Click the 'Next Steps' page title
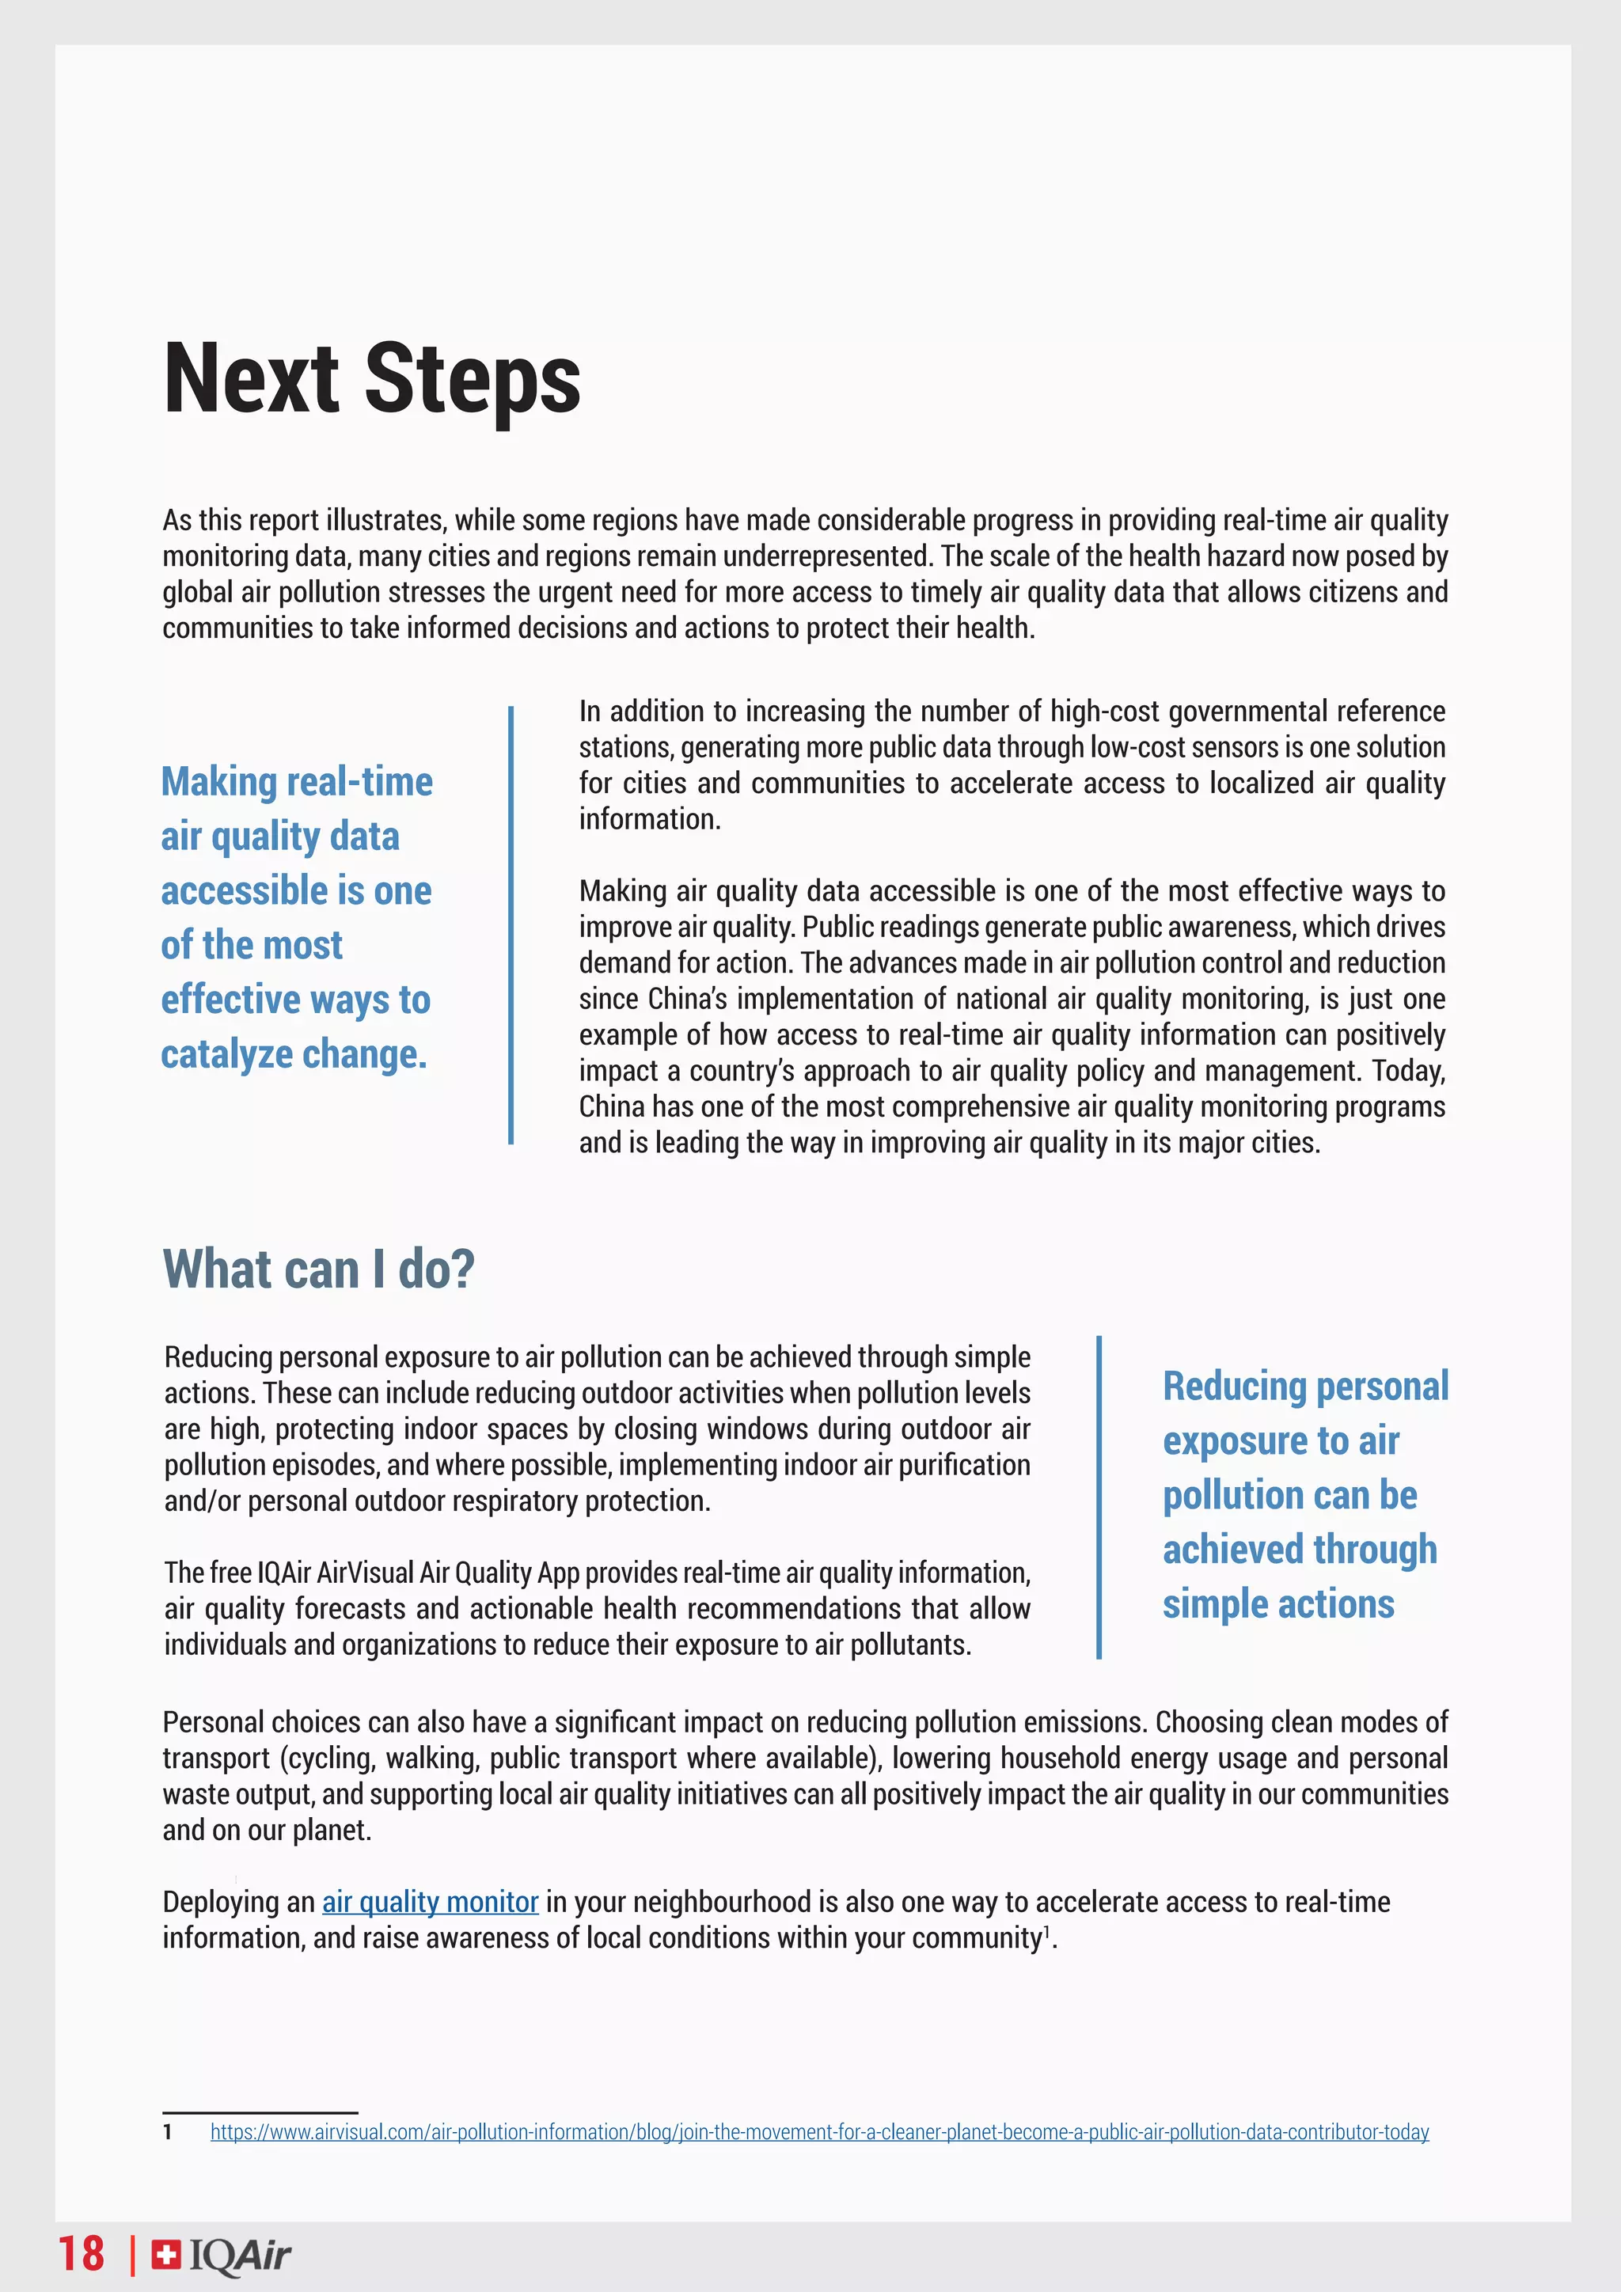[x=371, y=381]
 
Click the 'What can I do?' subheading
[x=318, y=1269]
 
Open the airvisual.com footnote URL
[x=818, y=2132]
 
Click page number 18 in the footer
[x=81, y=2254]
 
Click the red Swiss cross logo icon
[x=165, y=2254]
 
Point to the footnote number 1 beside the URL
[x=168, y=2132]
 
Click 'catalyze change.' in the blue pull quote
[x=294, y=1054]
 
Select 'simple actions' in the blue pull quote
[x=1277, y=1604]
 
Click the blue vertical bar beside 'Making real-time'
[x=511, y=924]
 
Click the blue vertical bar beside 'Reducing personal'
[x=1099, y=1497]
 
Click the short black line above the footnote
[x=260, y=2112]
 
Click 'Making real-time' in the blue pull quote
[x=297, y=782]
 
